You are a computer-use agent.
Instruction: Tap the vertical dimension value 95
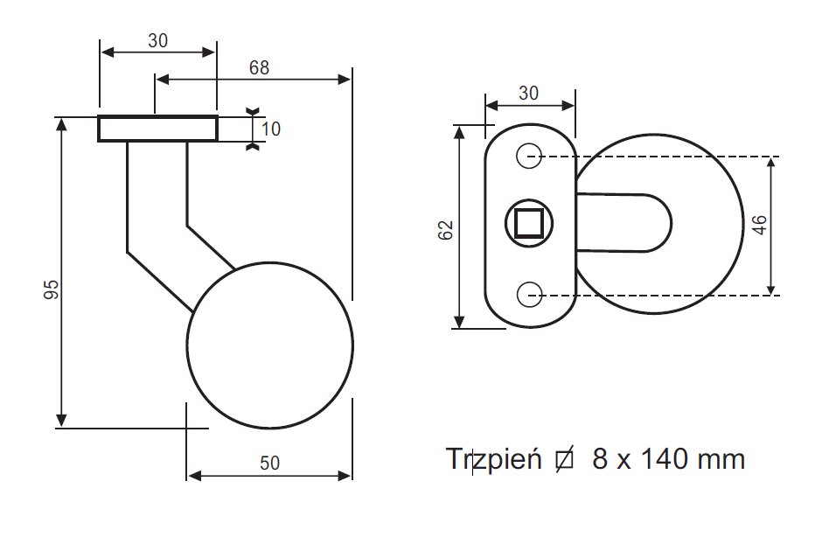pyautogui.click(x=52, y=289)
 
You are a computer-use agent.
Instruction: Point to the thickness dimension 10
pyautogui.click(x=270, y=129)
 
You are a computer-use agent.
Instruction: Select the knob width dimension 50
pyautogui.click(x=269, y=464)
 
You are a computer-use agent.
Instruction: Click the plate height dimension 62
pyautogui.click(x=445, y=230)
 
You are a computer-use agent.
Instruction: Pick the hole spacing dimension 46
pyautogui.click(x=759, y=226)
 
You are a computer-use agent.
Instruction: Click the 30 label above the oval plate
pyautogui.click(x=528, y=93)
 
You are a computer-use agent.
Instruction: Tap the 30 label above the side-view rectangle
pyautogui.click(x=157, y=41)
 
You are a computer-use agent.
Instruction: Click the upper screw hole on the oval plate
pyautogui.click(x=528, y=157)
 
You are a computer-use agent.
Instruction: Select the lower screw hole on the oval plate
pyautogui.click(x=528, y=295)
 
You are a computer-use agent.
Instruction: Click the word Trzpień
pyautogui.click(x=494, y=458)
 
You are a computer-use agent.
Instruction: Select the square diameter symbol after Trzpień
pyautogui.click(x=564, y=458)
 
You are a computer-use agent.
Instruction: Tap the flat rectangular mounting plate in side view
pyautogui.click(x=157, y=129)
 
